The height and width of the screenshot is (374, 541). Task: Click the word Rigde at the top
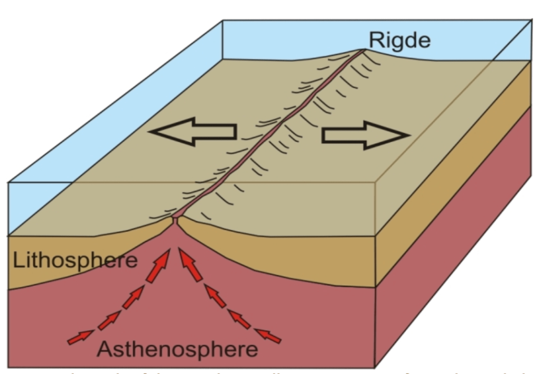[399, 40]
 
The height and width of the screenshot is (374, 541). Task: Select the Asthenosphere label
[178, 349]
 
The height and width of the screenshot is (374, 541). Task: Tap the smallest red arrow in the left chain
[79, 337]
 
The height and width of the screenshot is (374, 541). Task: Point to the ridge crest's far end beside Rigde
[363, 50]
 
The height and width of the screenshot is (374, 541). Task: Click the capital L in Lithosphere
[16, 261]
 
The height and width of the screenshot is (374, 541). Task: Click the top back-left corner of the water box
[222, 21]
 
